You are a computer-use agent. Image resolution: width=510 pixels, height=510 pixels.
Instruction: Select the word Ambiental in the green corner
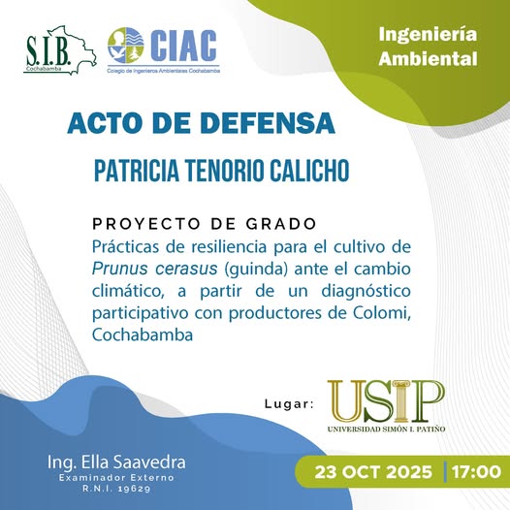point(429,58)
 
